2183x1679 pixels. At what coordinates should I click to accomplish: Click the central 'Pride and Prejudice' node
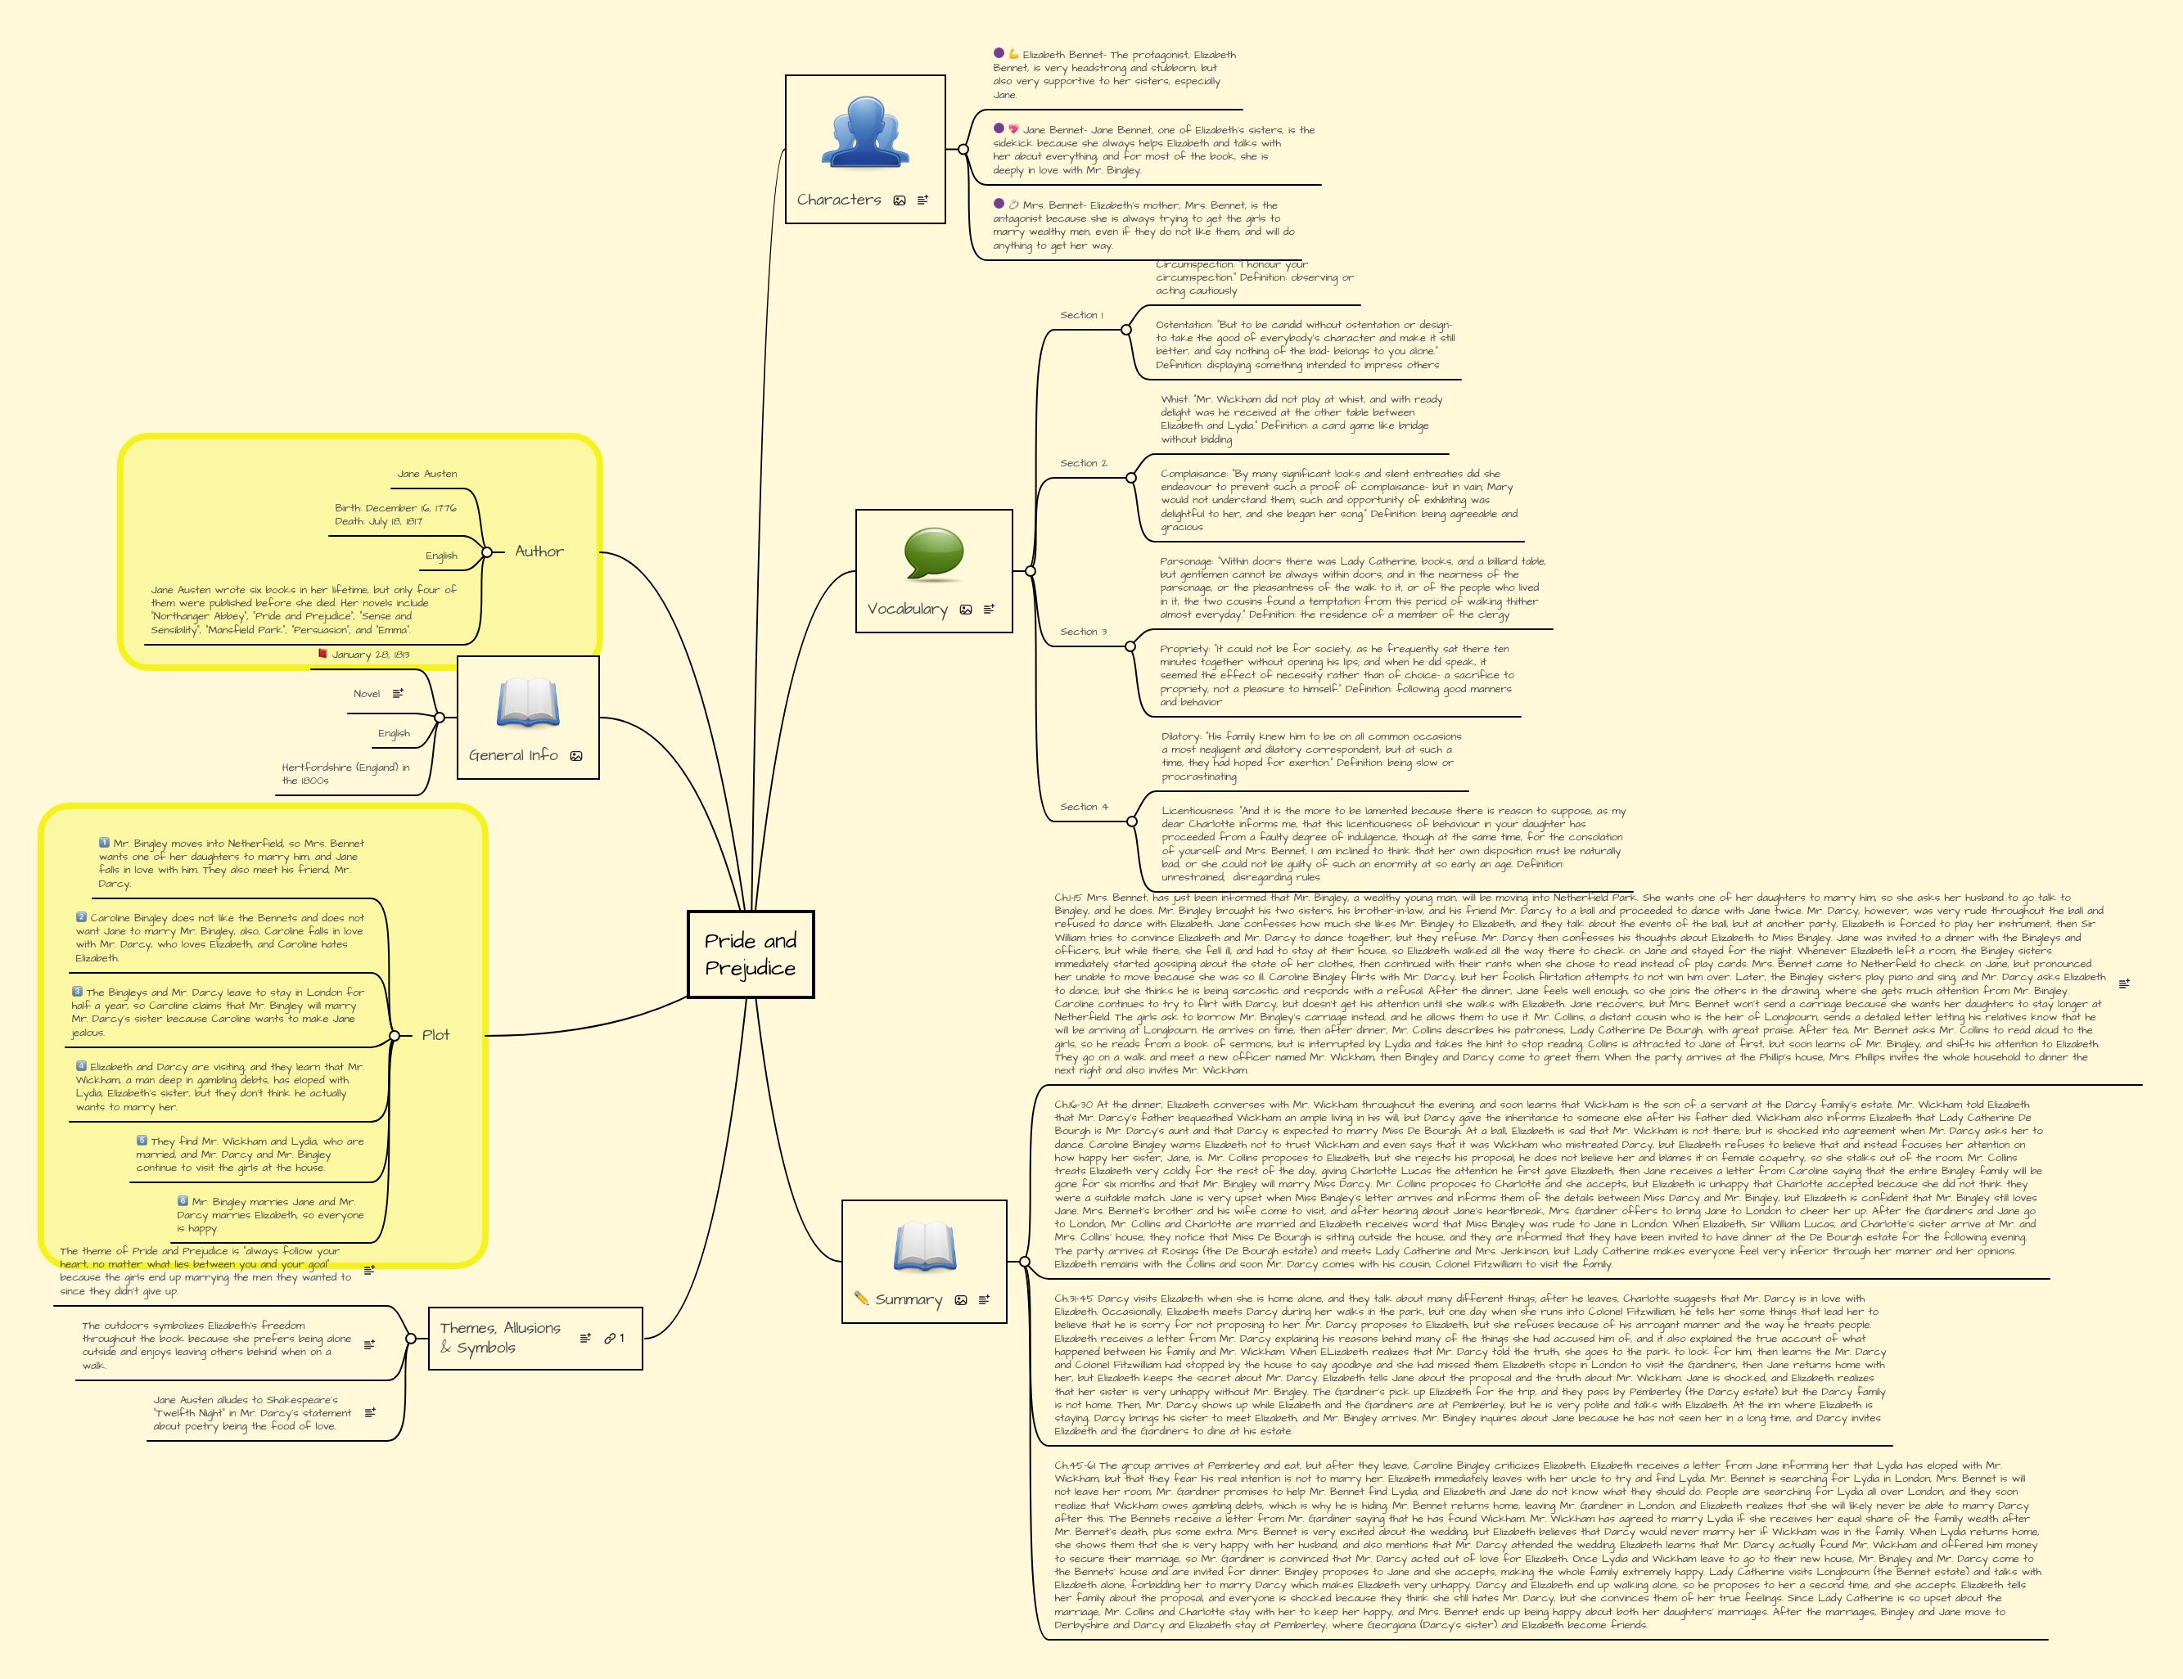[751, 954]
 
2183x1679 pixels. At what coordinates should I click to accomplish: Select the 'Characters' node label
[839, 200]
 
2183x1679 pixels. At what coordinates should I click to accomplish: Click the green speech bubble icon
[934, 554]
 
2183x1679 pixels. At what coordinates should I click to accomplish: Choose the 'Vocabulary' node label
[907, 609]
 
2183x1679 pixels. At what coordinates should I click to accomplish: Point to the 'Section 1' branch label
[1081, 315]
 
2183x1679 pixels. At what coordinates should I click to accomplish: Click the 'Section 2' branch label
[1084, 464]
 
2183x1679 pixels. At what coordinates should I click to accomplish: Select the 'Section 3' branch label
[1084, 632]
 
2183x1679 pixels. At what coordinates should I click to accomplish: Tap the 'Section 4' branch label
[1084, 807]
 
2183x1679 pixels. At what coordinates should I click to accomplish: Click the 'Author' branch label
[539, 551]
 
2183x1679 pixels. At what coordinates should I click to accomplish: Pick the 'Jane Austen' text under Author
[426, 474]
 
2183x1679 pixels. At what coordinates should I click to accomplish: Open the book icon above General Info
[528, 703]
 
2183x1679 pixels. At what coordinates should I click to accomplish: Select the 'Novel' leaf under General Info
[367, 694]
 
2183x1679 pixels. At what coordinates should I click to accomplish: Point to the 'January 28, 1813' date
[370, 655]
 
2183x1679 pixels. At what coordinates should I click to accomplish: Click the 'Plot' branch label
[435, 1035]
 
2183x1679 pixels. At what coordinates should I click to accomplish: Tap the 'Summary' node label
[909, 1299]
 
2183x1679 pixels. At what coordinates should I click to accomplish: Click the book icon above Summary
[925, 1246]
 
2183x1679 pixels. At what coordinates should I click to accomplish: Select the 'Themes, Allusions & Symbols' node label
[500, 1337]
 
